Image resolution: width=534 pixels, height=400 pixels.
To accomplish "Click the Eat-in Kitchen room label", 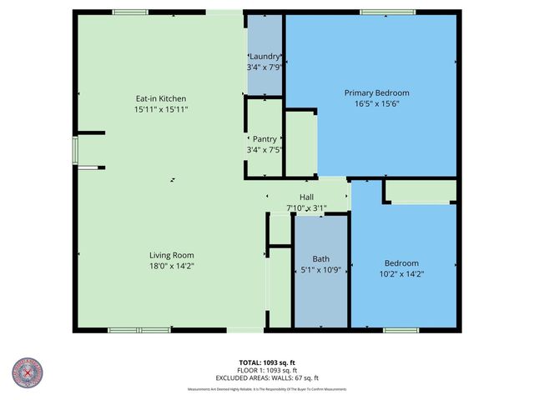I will click(x=161, y=98).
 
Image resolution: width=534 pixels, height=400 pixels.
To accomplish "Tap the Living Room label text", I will click(x=172, y=255).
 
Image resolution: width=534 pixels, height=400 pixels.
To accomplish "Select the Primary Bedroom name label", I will click(x=377, y=92).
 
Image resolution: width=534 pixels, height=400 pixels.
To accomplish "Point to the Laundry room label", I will click(x=265, y=57).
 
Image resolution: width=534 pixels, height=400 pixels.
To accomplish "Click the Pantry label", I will click(x=265, y=139).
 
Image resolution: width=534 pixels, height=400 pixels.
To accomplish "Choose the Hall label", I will click(x=306, y=197).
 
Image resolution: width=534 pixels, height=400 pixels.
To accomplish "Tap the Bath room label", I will click(x=320, y=258).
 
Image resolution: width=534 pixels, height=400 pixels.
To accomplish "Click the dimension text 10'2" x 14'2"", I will click(x=402, y=273).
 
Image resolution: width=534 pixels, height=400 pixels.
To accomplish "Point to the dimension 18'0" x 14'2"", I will click(x=172, y=266).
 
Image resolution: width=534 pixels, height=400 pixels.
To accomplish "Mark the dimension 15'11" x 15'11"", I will click(x=161, y=109).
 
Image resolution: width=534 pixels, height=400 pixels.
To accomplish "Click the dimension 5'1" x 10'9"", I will click(x=320, y=269).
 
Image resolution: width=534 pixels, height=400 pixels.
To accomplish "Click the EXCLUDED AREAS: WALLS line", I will click(x=267, y=377).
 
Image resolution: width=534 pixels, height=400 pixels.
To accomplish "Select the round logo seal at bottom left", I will click(x=28, y=373).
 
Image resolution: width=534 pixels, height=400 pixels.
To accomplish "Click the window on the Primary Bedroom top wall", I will click(x=388, y=12).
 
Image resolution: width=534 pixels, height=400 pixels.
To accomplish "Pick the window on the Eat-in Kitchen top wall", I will click(x=130, y=12).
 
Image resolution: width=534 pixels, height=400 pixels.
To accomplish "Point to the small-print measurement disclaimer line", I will click(x=267, y=389).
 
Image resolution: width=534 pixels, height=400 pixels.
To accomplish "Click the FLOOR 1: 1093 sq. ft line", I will click(x=267, y=370).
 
